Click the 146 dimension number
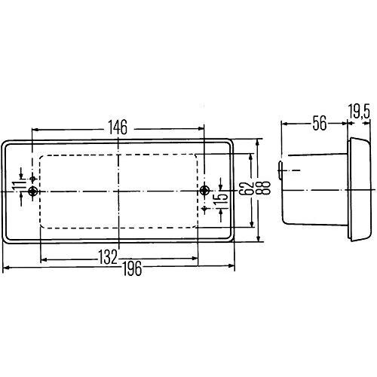[118, 127]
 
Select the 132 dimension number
[108, 257]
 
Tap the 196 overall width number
[132, 268]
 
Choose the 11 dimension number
[17, 185]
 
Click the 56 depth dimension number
[320, 123]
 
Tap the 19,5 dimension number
[359, 112]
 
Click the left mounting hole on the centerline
[32, 192]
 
